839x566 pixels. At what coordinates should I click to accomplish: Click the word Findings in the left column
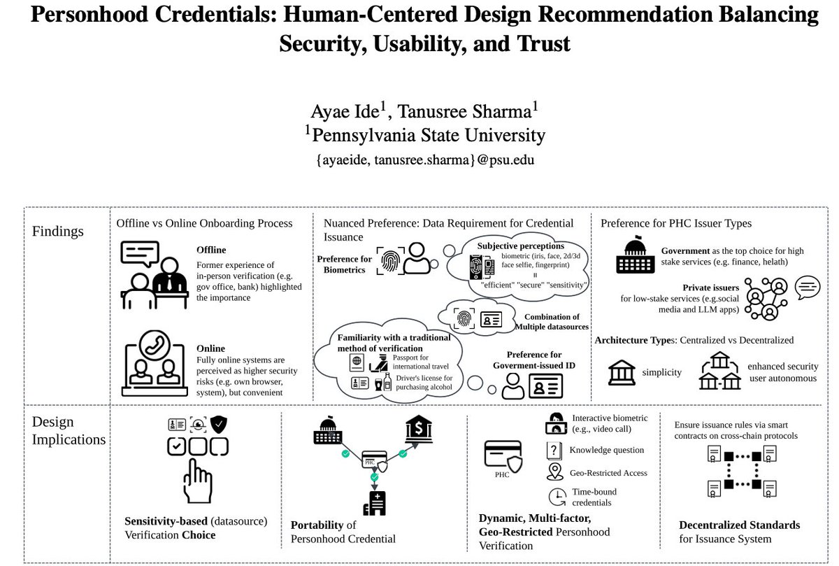58,232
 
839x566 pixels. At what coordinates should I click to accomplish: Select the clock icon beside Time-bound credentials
557,497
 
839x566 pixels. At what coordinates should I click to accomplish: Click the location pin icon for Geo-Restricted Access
557,472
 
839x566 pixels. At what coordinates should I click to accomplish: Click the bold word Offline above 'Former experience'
211,250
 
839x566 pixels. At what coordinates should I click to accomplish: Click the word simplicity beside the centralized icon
661,372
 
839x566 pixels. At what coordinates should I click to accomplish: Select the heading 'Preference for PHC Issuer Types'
677,223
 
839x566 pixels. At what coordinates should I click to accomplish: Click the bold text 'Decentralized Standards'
739,525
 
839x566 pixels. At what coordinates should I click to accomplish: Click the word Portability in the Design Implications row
317,525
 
